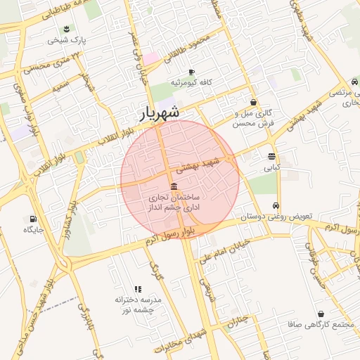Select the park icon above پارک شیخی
[66, 29]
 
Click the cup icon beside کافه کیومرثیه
[191, 72]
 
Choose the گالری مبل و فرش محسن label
[252, 117]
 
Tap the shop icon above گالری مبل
[253, 103]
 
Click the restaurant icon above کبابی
[271, 156]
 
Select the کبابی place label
[271, 168]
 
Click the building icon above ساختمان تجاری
[174, 185]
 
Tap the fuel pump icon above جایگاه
[33, 218]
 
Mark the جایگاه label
[34, 230]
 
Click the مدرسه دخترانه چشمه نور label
[139, 304]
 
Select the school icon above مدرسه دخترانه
[138, 289]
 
